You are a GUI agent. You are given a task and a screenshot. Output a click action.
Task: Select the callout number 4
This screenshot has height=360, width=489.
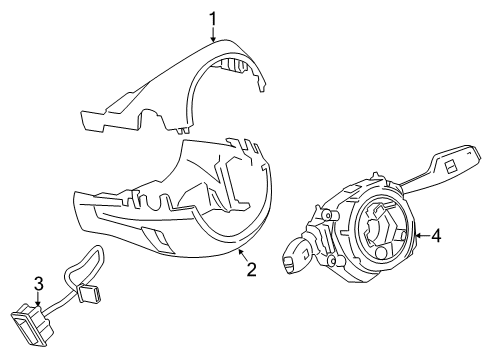(435, 236)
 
